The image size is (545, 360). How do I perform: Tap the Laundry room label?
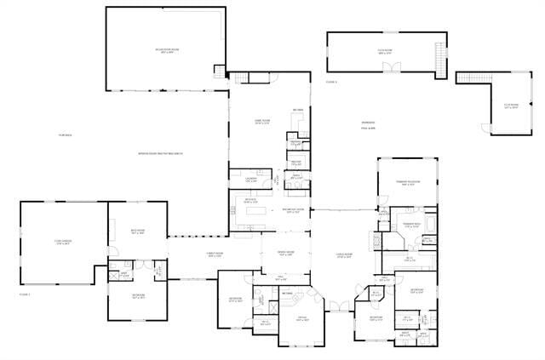point(250,180)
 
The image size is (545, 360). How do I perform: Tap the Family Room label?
point(214,255)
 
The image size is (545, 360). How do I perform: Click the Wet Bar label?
point(299,111)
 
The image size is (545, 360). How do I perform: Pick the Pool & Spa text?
point(368,125)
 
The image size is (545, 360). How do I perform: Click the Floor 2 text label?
point(331,82)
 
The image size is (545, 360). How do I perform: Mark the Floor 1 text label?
point(24,294)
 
